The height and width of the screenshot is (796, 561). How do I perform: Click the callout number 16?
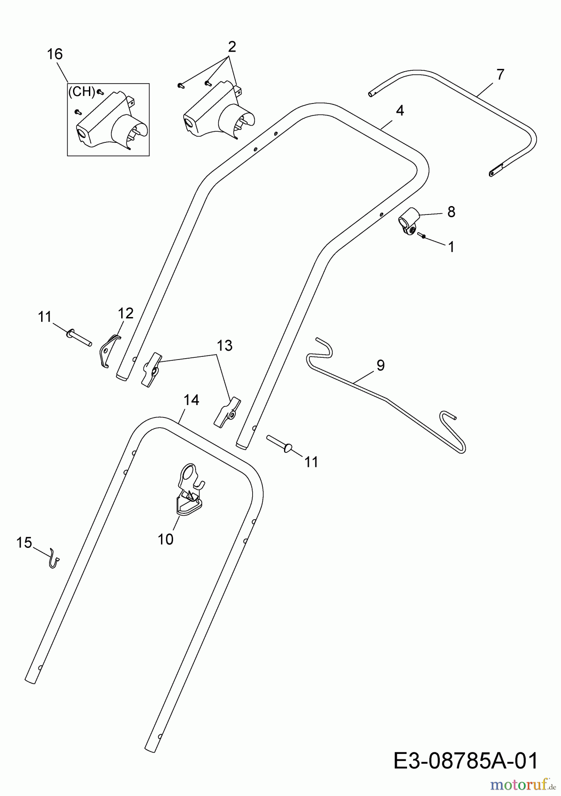pyautogui.click(x=55, y=54)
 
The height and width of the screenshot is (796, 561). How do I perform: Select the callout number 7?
pyautogui.click(x=500, y=74)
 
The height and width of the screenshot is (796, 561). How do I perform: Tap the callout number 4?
pyautogui.click(x=400, y=111)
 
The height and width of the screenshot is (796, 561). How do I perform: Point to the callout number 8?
pyautogui.click(x=451, y=212)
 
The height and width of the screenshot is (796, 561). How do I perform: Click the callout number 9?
pyautogui.click(x=380, y=365)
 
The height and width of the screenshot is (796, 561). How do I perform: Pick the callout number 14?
pyautogui.click(x=191, y=400)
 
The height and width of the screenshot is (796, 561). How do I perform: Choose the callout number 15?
pyautogui.click(x=24, y=542)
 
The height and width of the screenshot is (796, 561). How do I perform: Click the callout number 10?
pyautogui.click(x=165, y=539)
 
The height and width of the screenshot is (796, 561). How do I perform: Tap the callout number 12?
pyautogui.click(x=126, y=314)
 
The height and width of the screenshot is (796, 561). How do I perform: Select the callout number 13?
pyautogui.click(x=225, y=345)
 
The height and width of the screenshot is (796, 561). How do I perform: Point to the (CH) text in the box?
pyautogui.click(x=82, y=92)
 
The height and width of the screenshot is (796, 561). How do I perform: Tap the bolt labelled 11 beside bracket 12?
pyautogui.click(x=78, y=337)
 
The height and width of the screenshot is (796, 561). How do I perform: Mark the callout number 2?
pyautogui.click(x=232, y=46)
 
